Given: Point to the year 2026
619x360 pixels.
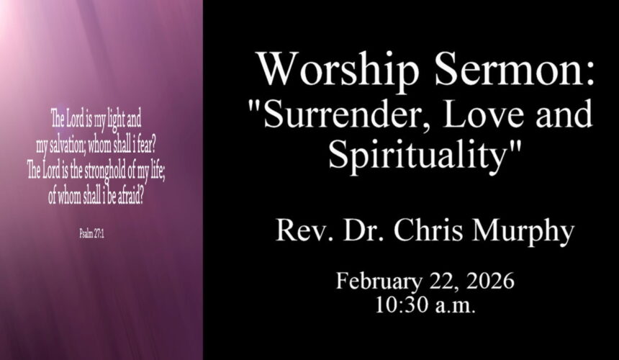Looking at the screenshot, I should [489, 281].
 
